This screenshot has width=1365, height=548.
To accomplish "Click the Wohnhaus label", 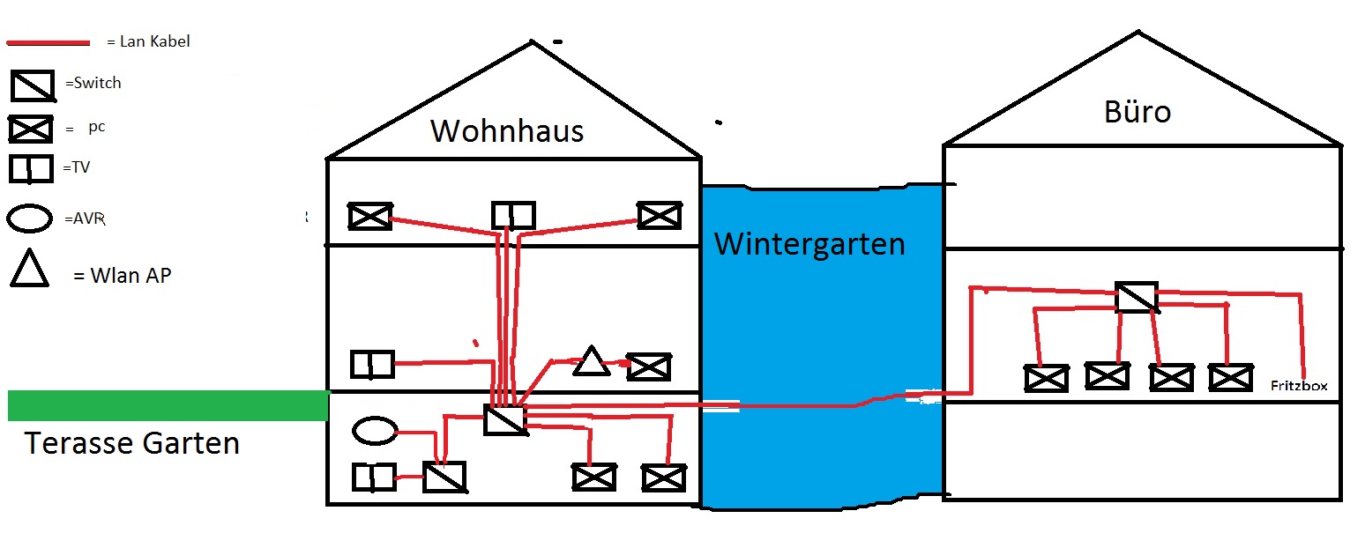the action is point(507,131).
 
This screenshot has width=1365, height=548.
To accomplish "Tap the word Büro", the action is point(1137,112).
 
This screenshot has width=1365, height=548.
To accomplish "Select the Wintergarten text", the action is point(809,245).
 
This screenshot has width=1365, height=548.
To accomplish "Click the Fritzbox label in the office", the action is point(1299,385).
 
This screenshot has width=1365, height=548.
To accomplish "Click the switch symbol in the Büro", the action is point(1137,297).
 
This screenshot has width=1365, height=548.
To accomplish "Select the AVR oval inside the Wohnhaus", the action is point(375,431).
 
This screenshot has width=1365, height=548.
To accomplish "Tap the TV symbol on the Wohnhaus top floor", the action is point(513,216).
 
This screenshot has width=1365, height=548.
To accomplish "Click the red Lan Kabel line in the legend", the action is point(48,42).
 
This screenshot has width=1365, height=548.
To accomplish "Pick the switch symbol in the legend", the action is point(33,85).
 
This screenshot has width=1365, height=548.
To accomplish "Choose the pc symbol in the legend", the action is point(31,130).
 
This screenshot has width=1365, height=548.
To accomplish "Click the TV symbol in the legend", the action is point(31,168).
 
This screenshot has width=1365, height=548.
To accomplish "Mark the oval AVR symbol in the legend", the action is point(29,218).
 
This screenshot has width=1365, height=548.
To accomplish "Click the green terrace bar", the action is point(168,405).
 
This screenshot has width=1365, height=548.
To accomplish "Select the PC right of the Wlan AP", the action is point(649,367).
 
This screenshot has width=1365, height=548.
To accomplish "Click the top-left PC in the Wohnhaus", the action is point(369,216).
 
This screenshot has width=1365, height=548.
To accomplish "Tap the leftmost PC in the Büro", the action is point(1046,378).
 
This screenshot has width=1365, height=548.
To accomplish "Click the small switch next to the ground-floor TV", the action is point(444,477).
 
